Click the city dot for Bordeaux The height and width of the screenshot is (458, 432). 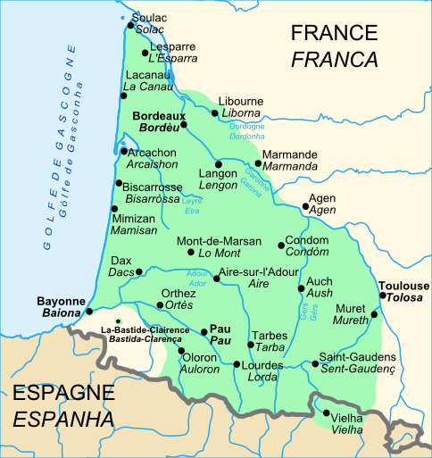[185, 124]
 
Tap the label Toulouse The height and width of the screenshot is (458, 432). [403, 285]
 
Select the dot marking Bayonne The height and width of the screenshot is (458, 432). [89, 312]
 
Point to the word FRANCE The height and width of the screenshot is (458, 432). [335, 34]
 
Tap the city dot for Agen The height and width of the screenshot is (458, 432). [305, 206]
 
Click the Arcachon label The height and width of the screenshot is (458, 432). [152, 153]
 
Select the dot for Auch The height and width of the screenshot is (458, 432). [301, 287]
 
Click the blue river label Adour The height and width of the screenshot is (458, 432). [197, 273]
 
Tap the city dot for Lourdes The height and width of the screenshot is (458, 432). [236, 364]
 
